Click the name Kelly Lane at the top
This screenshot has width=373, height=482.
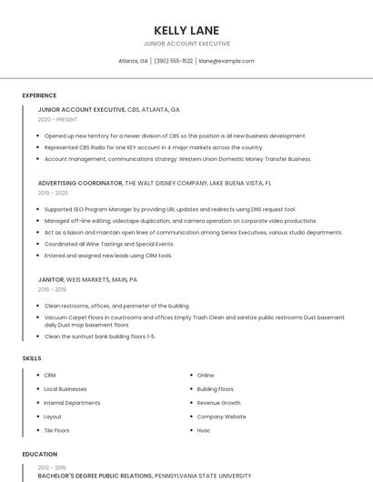[186, 30]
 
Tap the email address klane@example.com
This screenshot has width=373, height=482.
[227, 61]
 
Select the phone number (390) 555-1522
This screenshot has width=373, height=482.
[174, 61]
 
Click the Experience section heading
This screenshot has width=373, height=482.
[39, 95]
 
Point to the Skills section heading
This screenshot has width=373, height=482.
[32, 358]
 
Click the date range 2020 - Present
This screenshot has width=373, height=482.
[57, 119]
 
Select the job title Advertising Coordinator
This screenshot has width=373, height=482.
[80, 183]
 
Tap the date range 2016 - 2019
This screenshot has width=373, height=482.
[52, 290]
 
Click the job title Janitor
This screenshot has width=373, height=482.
[51, 279]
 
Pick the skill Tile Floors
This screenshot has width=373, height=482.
[56, 430]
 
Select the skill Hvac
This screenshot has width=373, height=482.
[204, 430]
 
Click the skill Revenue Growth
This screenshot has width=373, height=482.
[218, 403]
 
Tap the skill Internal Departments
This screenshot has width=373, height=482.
[72, 403]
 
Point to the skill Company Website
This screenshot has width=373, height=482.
[221, 417]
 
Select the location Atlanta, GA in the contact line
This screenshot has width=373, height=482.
[133, 61]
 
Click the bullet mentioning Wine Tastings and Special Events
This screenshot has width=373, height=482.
[108, 244]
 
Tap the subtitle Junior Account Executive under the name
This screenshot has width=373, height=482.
[186, 44]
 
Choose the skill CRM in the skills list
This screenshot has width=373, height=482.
[50, 375]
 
